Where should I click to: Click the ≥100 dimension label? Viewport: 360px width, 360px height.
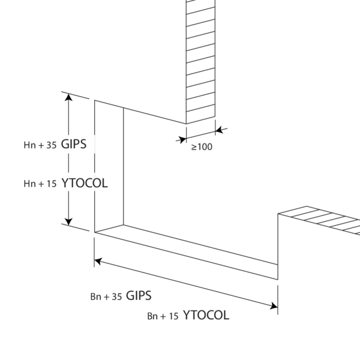pos(202,147)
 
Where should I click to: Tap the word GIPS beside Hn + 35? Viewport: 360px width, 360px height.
pos(74,144)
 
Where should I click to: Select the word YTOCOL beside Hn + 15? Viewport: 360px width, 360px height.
pos(85,183)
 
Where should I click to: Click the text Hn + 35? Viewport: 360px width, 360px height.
pos(40,145)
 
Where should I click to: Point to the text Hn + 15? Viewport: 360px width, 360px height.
pos(40,184)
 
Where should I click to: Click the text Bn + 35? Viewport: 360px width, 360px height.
pos(106,296)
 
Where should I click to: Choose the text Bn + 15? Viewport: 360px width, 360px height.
pos(163,316)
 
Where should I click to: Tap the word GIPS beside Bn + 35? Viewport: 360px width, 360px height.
pos(139,295)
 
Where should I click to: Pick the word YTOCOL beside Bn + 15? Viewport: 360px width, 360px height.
pos(206,315)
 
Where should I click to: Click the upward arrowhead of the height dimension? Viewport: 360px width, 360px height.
pos(68,97)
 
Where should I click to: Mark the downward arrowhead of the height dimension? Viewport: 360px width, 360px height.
pos(68,222)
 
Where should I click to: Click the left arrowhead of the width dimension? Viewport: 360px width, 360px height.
pos(98,261)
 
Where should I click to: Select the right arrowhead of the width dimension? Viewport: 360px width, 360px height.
pos(274,306)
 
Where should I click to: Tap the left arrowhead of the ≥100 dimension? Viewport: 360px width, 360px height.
pos(182,139)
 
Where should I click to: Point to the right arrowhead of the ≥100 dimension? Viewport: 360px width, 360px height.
pos(220,130)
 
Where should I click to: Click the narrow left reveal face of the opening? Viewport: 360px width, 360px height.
pos(109,166)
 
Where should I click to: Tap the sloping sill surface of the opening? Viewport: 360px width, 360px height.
pos(187,252)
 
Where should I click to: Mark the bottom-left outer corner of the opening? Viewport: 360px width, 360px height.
pos(95,232)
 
